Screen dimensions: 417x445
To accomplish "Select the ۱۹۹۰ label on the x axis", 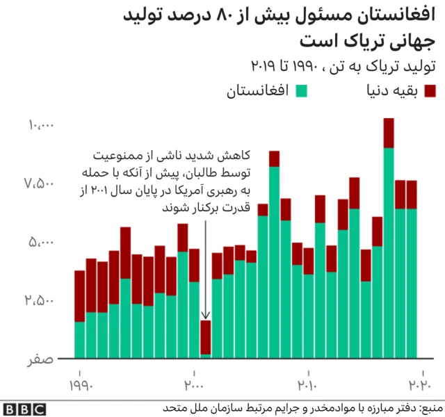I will pos(80,384).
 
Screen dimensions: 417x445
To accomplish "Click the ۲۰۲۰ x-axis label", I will pos(419,384).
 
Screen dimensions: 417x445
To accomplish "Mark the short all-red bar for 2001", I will pos(206,336).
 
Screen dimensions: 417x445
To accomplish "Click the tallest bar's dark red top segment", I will pos(389,133).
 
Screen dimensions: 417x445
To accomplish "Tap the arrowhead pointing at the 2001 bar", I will pos(206,317).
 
